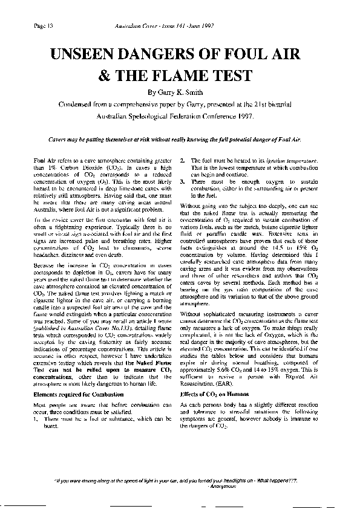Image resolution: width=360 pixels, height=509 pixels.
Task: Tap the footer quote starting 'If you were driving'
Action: pos(180,481)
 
